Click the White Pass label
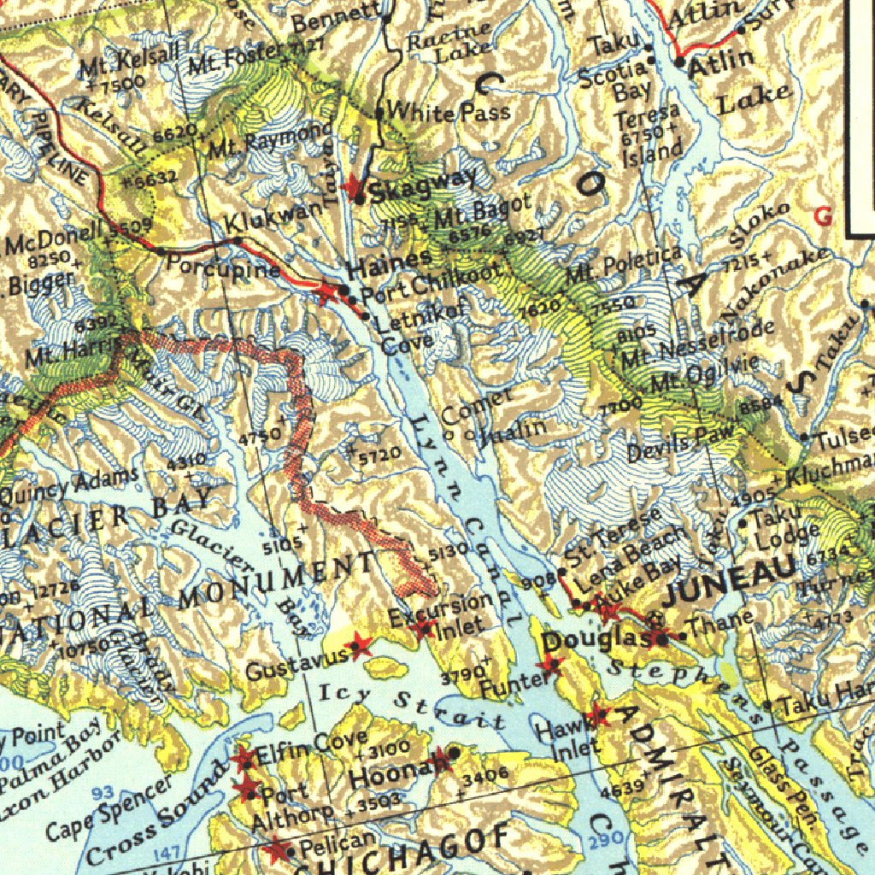(x=449, y=111)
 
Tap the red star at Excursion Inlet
(x=421, y=630)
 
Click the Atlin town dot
(x=680, y=62)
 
